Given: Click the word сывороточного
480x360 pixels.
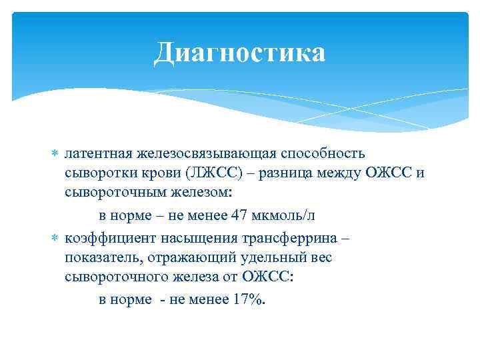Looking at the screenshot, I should (111, 279).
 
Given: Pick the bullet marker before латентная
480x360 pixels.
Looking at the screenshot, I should (55, 155).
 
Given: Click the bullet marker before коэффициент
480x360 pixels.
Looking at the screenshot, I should (55, 238).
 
